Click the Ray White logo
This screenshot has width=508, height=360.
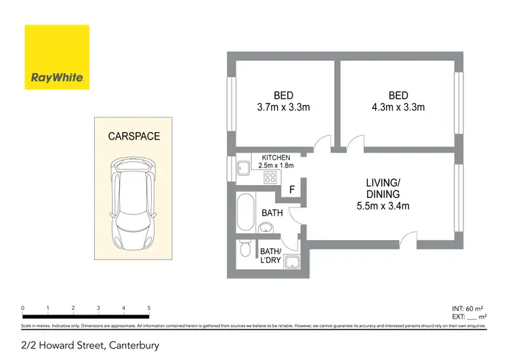tap(57, 57)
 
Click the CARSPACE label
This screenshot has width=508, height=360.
tap(134, 136)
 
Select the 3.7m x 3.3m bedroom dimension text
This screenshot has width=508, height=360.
tap(283, 107)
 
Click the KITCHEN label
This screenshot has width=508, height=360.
tap(276, 158)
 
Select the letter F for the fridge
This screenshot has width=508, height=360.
tap(292, 190)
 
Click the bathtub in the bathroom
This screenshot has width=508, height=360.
tap(245, 214)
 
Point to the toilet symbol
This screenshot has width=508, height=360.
tap(245, 249)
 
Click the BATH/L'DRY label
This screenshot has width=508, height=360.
tap(271, 255)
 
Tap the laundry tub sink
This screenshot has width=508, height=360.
tap(293, 263)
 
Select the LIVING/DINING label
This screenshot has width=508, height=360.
tap(384, 188)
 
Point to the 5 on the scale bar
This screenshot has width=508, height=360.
tap(149, 308)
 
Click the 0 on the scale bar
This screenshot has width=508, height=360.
tap(23, 308)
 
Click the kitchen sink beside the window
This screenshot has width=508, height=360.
tap(242, 167)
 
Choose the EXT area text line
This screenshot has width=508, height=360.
tap(469, 317)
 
